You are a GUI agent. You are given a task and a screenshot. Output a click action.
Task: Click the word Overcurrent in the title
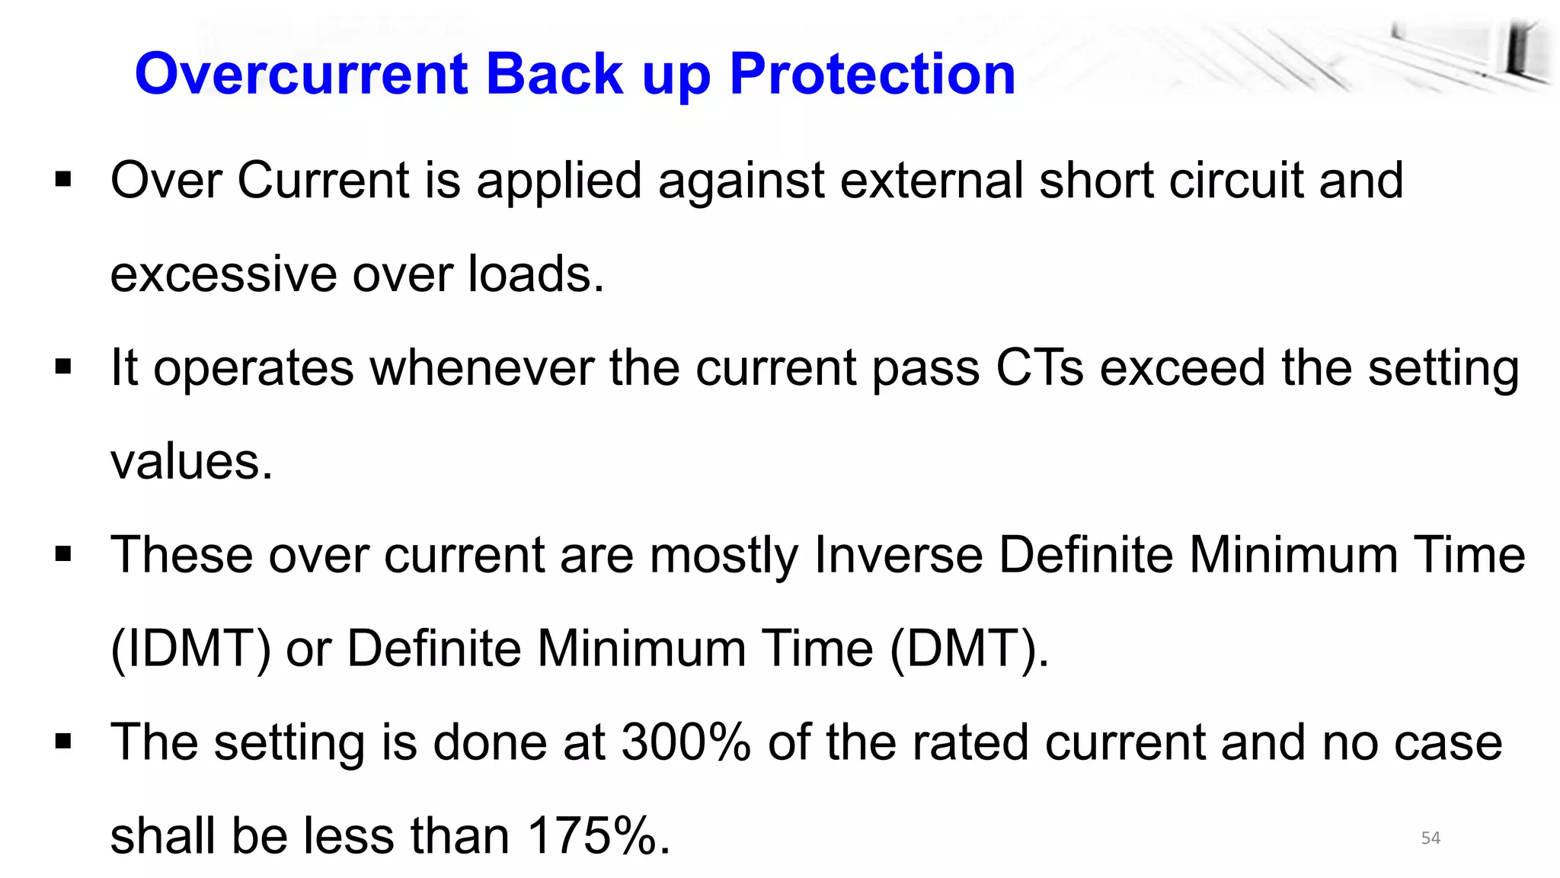301,74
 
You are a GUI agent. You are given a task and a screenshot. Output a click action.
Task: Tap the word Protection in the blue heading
872,74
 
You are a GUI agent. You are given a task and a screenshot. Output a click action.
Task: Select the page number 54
1431,838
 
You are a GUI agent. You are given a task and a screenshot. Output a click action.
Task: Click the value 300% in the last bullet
686,742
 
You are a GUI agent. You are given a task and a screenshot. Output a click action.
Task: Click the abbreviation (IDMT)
190,649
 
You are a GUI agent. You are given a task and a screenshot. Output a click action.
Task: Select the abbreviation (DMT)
969,649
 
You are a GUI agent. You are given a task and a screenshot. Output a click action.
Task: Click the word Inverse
899,554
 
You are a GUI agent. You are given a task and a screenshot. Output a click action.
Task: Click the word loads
535,274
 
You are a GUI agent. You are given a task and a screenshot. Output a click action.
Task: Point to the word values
191,462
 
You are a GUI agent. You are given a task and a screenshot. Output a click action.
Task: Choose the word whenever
481,368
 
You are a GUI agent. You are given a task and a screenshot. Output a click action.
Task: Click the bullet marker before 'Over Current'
63,181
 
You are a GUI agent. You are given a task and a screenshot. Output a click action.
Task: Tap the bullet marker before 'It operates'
63,368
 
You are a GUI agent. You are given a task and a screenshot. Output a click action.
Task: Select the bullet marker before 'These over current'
63,554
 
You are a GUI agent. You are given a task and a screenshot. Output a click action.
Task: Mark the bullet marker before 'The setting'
63,742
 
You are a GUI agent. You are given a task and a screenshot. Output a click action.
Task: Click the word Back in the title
555,74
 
